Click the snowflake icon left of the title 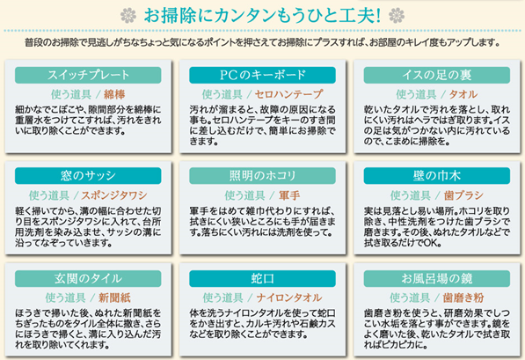128,16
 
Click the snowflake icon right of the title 397,16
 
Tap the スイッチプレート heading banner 88,75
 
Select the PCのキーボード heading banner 262,75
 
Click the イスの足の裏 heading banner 437,75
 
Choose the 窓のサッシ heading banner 88,176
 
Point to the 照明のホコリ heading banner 262,176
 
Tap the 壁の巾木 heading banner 437,176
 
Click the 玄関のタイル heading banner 88,278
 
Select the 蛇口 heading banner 262,278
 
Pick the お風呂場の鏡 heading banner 437,278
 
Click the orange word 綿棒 114,94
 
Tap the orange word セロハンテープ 289,94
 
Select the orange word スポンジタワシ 114,195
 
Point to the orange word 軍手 289,195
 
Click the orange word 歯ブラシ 463,195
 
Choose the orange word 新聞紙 114,298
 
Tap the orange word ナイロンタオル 289,298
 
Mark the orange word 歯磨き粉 463,298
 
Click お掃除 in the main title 171,16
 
